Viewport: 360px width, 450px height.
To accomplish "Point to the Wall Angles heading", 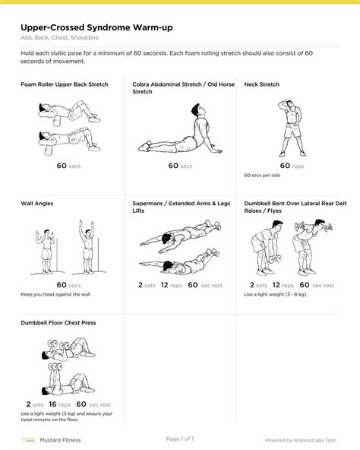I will pyautogui.click(x=37, y=204).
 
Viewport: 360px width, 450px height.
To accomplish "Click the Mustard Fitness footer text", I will pyautogui.click(x=62, y=439).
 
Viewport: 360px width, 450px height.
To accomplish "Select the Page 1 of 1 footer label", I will pyautogui.click(x=180, y=439).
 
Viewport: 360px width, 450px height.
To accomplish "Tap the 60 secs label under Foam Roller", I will pyautogui.click(x=67, y=165).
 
